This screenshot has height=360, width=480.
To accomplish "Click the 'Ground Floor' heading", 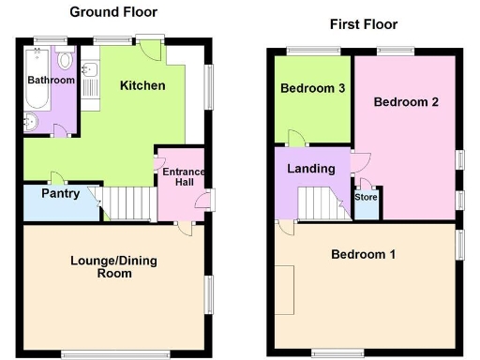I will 113,12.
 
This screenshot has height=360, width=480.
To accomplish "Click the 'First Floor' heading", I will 363,24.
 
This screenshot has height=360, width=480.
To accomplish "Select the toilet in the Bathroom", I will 64,61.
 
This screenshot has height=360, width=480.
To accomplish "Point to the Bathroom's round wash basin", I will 30,119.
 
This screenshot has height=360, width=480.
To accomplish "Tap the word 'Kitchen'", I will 142,86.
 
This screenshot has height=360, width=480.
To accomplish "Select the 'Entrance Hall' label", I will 183,177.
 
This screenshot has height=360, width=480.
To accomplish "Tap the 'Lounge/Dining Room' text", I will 112,266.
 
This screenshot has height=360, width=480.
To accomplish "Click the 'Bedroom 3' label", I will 310,89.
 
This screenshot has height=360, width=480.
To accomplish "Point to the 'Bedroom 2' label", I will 406,101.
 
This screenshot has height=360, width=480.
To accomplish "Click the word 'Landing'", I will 311,169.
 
